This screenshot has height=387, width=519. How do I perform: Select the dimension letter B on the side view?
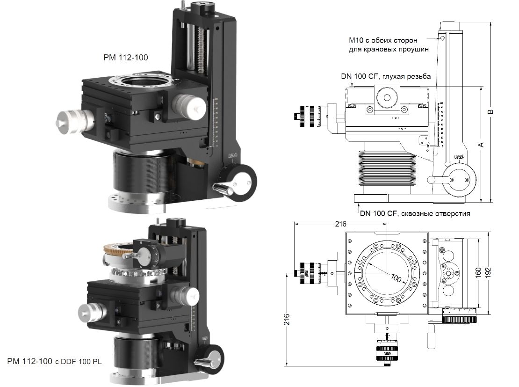[x=490, y=112]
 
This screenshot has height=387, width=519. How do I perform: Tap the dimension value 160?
[x=478, y=273]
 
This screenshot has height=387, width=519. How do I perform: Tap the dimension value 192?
[x=488, y=273]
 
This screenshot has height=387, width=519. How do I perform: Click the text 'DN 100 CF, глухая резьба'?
[x=385, y=76]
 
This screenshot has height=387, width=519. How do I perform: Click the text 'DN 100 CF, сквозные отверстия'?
[x=415, y=213]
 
